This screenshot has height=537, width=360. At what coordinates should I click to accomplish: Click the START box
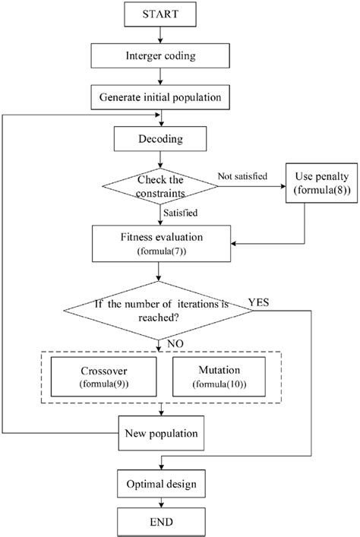coord(159,14)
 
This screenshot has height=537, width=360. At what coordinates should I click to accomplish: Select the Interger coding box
coord(159,55)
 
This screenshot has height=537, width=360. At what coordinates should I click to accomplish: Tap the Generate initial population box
coord(159,97)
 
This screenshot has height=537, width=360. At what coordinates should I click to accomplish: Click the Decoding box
coord(159,139)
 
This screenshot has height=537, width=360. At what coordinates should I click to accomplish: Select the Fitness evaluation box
coord(159,243)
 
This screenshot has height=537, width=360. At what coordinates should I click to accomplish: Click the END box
coord(159,523)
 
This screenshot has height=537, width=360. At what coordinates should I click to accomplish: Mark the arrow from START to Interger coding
coord(159,34)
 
